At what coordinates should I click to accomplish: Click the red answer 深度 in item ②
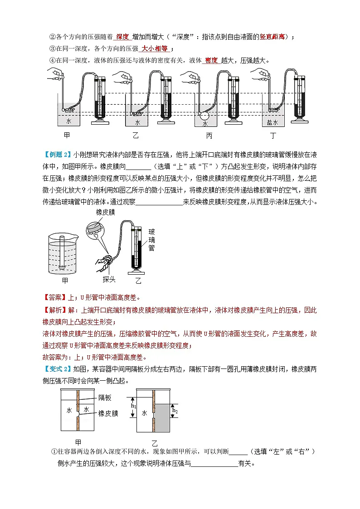coord(122,37)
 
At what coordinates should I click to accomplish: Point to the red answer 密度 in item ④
coord(211,60)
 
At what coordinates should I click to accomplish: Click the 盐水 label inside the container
coord(272,123)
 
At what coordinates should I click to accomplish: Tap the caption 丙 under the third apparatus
coord(209,136)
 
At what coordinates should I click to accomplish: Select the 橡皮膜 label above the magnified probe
coord(105,212)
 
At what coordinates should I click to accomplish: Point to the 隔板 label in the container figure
coord(105,398)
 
